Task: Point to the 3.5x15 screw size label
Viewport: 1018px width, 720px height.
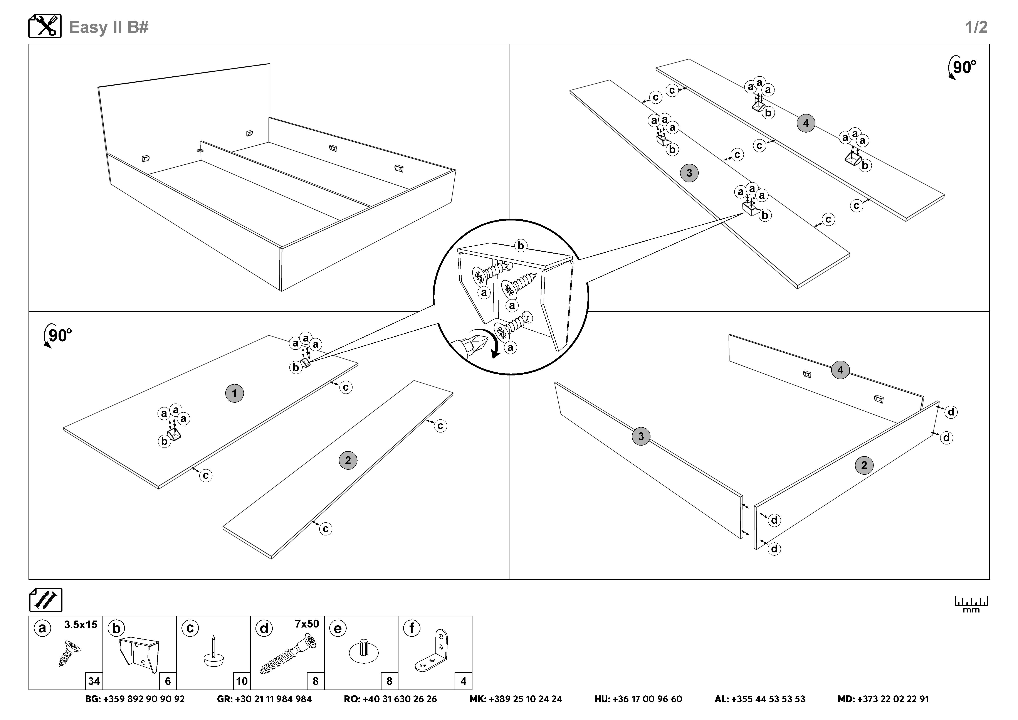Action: (81, 625)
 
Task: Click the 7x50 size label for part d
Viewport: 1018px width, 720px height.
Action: (307, 624)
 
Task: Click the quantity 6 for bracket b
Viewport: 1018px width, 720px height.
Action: (168, 681)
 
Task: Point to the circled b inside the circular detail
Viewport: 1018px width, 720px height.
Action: (521, 245)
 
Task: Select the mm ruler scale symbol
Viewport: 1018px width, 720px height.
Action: (971, 604)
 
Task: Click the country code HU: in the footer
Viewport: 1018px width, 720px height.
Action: (602, 699)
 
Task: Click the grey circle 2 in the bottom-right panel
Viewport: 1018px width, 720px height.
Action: (864, 466)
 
